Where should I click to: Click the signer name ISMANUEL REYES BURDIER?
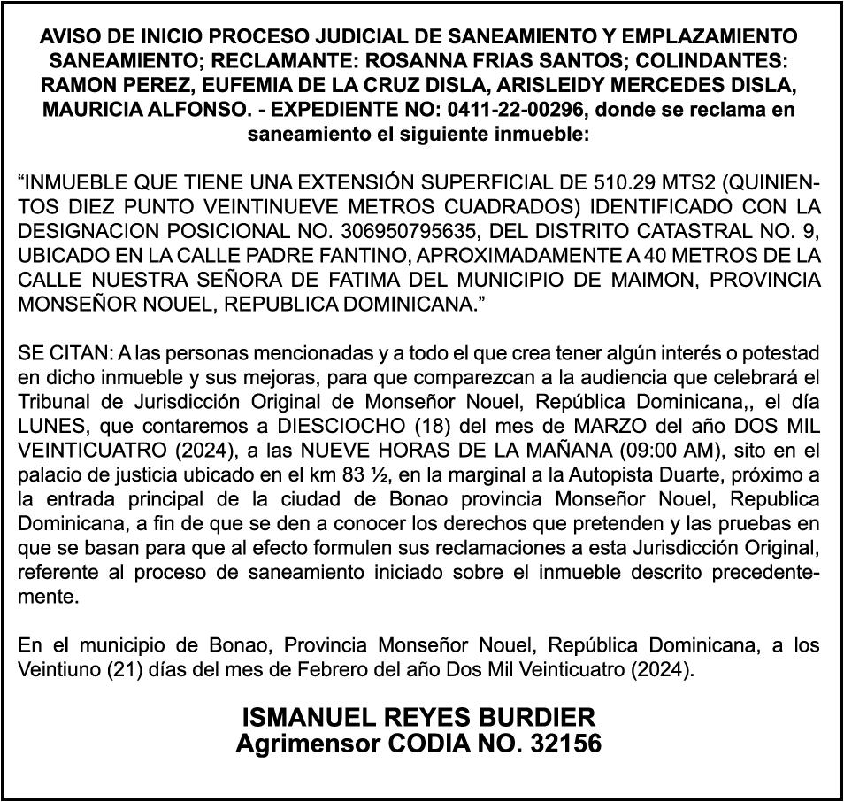[x=419, y=717]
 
